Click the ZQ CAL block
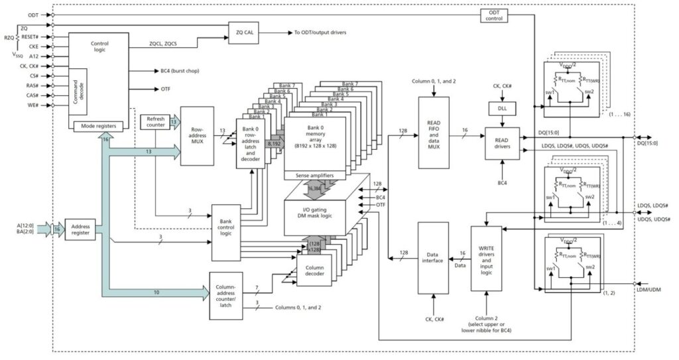tap(247, 32)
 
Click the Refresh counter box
tap(154, 122)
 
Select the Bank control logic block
tap(226, 232)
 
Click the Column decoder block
tap(314, 272)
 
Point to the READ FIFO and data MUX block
tap(433, 133)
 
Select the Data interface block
tap(432, 258)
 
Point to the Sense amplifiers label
tap(314, 175)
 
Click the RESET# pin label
tap(29, 37)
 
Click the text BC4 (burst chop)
tap(180, 70)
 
